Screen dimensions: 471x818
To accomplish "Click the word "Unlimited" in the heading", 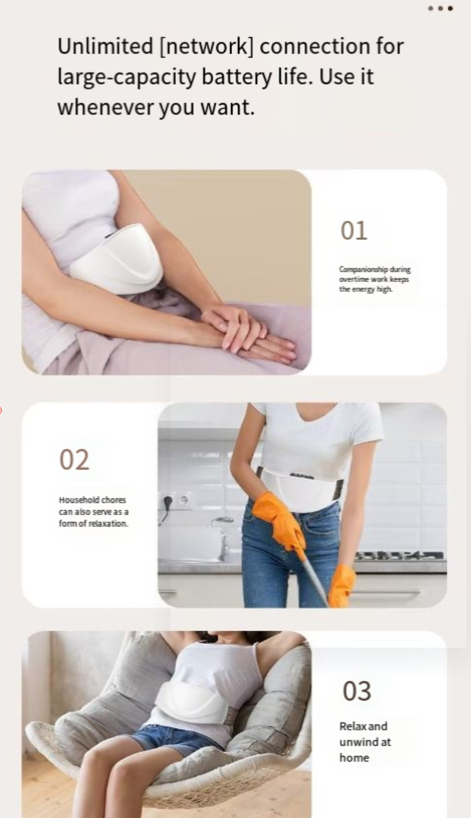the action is (x=105, y=46).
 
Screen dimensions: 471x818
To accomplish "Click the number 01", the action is (x=354, y=231).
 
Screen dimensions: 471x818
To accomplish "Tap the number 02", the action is (x=74, y=460).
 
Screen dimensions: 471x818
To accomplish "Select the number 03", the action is (x=357, y=691).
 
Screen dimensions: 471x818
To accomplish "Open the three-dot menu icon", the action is (x=440, y=8).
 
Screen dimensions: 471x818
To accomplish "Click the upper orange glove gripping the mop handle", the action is (x=280, y=518).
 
